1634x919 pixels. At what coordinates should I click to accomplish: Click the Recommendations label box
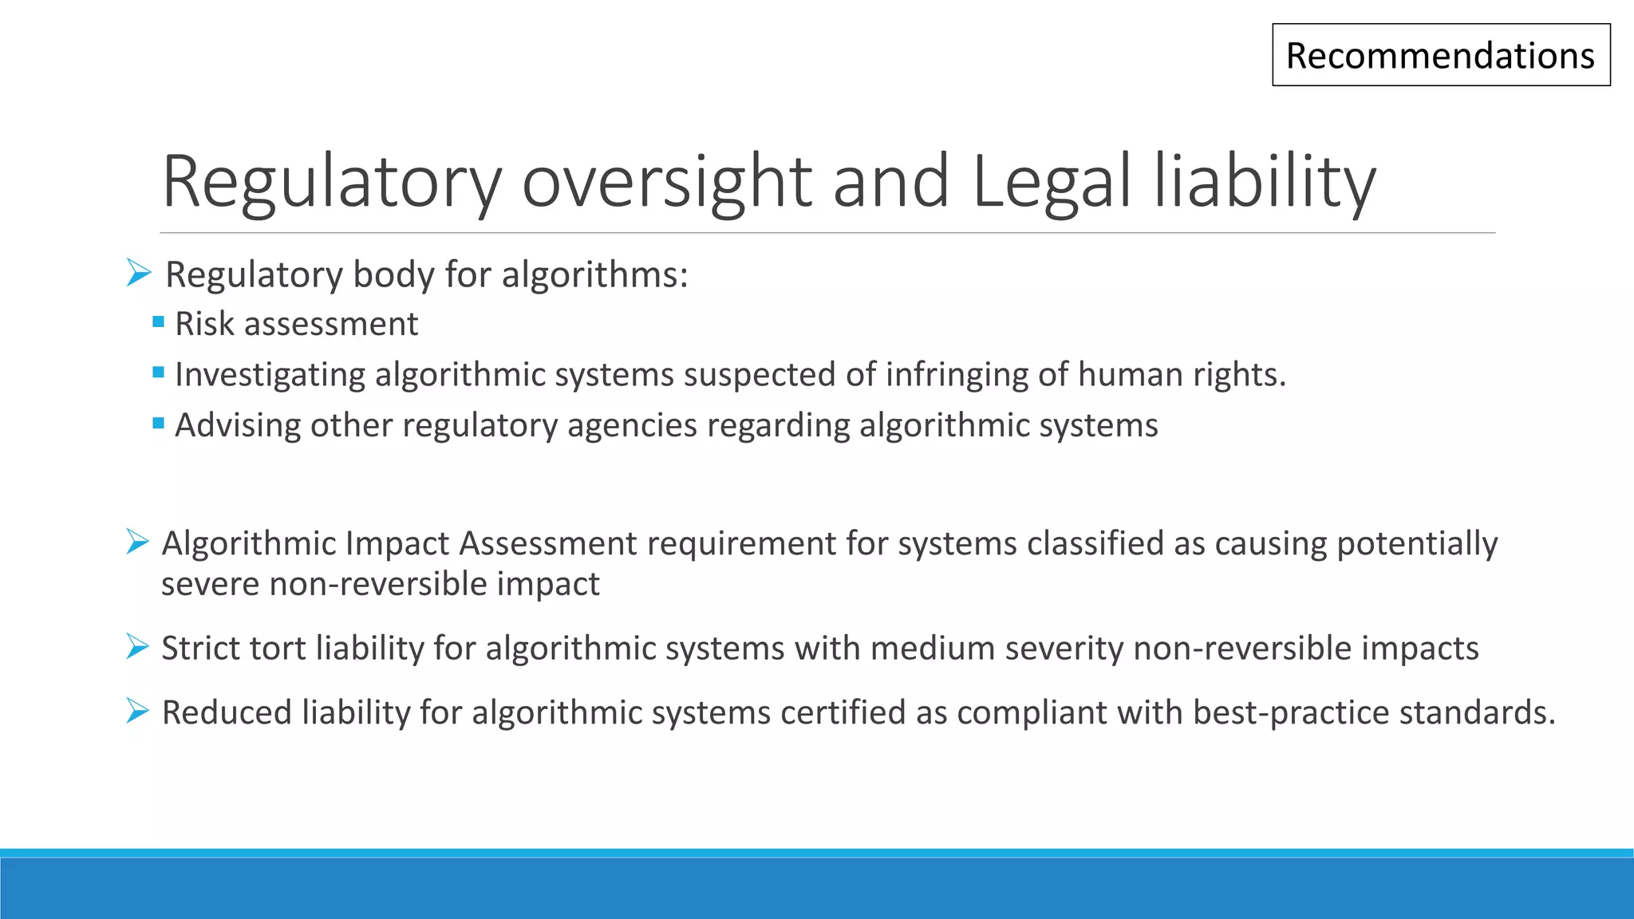click(x=1440, y=55)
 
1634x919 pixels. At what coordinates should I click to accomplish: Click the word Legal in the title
click(x=1052, y=182)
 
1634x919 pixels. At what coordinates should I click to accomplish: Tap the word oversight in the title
click(x=666, y=182)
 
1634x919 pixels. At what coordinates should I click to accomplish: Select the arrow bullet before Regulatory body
click(x=139, y=274)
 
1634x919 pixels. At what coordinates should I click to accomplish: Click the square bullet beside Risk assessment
click(x=158, y=322)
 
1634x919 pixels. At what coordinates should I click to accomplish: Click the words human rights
click(x=1182, y=374)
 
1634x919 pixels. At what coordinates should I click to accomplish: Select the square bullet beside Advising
click(x=158, y=423)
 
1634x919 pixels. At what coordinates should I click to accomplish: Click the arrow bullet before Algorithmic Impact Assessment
click(x=138, y=542)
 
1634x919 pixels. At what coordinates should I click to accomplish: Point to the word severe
click(x=210, y=584)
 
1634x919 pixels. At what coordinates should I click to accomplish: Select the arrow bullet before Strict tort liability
click(x=138, y=647)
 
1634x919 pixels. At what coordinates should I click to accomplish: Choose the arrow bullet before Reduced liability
click(x=138, y=711)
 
